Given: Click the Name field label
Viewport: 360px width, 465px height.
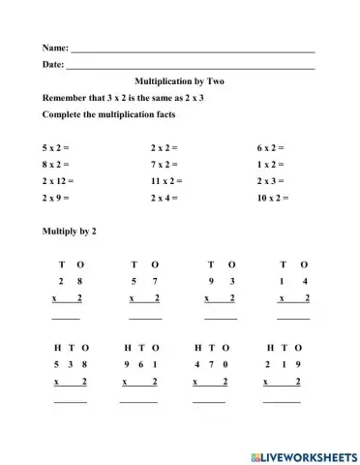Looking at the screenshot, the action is [x=55, y=47].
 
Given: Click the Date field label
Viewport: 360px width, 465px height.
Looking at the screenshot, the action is [x=53, y=65].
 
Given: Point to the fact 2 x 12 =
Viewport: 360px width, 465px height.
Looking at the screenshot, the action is [x=59, y=181].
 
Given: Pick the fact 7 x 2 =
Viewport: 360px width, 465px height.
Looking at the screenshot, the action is [x=165, y=165].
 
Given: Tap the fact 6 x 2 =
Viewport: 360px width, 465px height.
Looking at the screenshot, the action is [x=270, y=148].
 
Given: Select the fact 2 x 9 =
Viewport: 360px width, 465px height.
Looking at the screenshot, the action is [x=57, y=198].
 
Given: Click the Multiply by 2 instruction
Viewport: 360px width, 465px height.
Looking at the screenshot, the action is [x=70, y=232].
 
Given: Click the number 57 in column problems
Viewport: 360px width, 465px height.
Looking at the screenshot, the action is [x=145, y=281].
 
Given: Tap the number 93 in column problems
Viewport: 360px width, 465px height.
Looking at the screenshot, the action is [x=221, y=281].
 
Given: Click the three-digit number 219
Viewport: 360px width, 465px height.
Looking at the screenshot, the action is [x=282, y=363].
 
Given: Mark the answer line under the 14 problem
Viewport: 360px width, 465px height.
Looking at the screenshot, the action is [x=293, y=318].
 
